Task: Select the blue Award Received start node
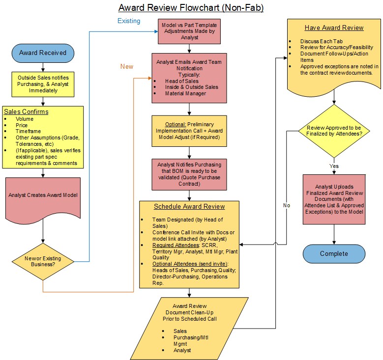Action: tap(43, 53)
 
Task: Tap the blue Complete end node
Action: tap(334, 253)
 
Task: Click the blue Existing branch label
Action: tap(128, 21)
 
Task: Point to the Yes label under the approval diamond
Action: tap(334, 166)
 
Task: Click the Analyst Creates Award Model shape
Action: tap(43, 195)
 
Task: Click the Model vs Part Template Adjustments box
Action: tap(189, 30)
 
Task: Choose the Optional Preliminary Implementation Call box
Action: tap(189, 131)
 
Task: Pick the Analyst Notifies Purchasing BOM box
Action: tap(189, 174)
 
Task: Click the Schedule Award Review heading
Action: tap(189, 207)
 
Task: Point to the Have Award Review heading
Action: tap(334, 28)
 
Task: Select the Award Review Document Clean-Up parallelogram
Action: tap(189, 327)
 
